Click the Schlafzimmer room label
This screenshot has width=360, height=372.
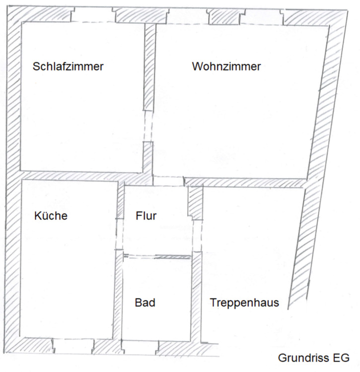(68, 66)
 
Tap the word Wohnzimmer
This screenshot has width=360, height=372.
(226, 66)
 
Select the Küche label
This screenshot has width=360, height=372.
(51, 216)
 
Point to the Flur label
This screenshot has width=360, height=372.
(146, 216)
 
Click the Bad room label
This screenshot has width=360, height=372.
(145, 303)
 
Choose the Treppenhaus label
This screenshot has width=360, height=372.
(244, 303)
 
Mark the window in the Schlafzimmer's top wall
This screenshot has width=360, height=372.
(93, 16)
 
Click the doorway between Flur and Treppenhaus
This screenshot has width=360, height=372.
(197, 236)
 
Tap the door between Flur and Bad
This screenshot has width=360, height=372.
(156, 256)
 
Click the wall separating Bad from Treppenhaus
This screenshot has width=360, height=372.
(197, 298)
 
